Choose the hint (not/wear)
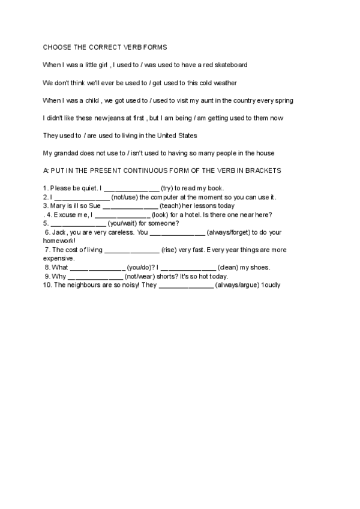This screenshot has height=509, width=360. (140, 276)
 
